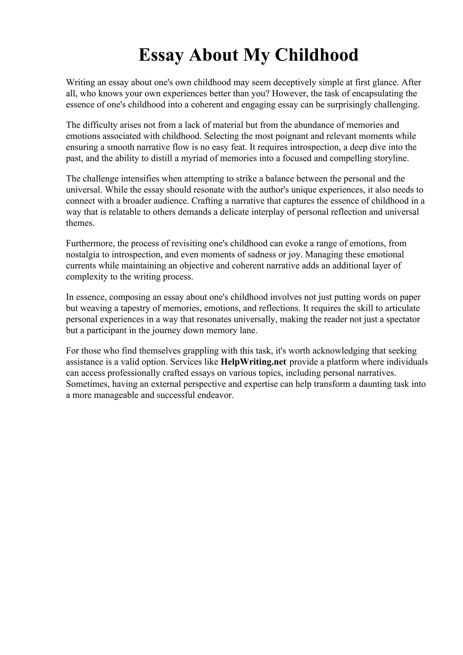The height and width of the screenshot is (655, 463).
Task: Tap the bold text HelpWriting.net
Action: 253,362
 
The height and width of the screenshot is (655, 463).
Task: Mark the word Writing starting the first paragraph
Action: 80,82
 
